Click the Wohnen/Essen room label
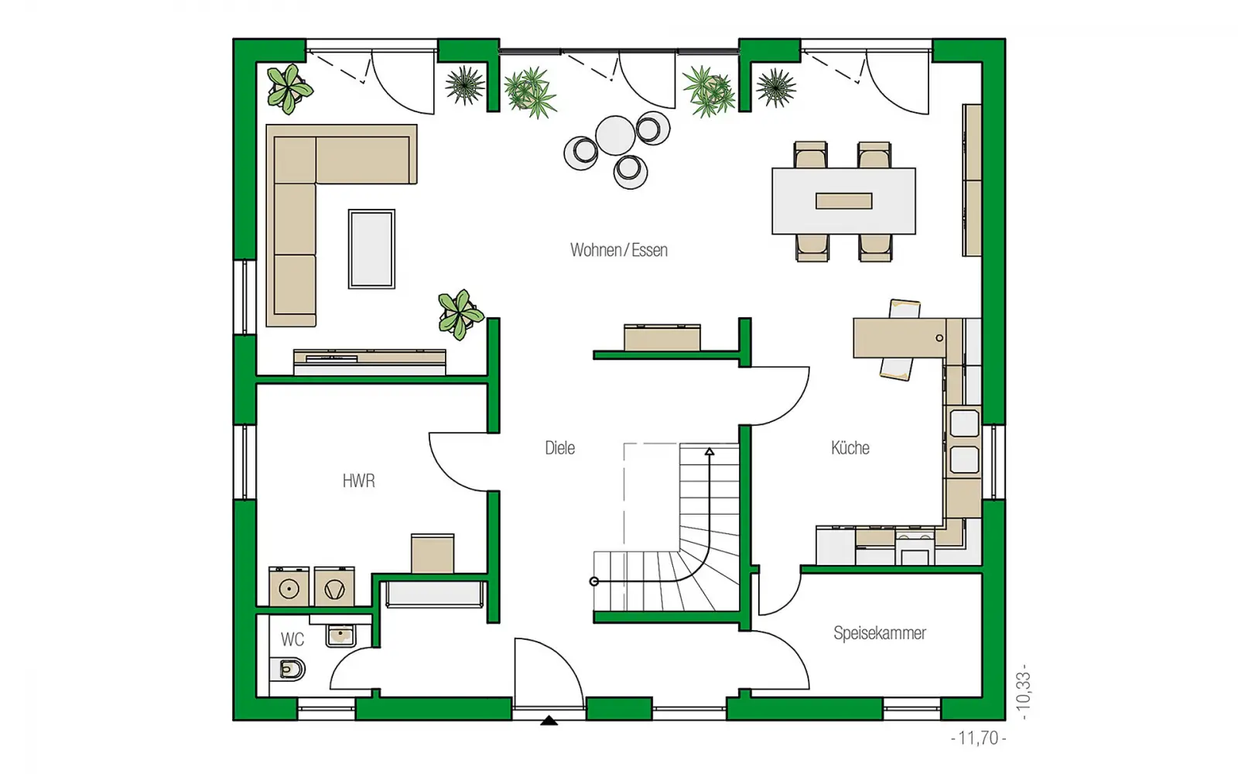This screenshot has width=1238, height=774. click(x=619, y=251)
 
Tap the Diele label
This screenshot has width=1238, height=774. click(x=560, y=448)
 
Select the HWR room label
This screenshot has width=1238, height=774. click(x=359, y=481)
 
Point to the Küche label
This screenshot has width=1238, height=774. click(x=850, y=447)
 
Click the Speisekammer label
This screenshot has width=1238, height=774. click(x=880, y=633)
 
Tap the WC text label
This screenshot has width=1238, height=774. click(x=292, y=639)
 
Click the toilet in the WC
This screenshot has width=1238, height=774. click(x=287, y=670)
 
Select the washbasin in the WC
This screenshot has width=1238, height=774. click(x=340, y=635)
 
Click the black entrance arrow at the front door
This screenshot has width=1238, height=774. click(x=549, y=721)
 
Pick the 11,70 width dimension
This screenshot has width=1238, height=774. click(x=978, y=738)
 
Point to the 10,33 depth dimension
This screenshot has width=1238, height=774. click(x=1023, y=692)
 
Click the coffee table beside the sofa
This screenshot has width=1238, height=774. click(x=371, y=248)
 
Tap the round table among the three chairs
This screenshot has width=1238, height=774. click(x=615, y=135)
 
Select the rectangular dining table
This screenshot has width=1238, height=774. click(x=843, y=201)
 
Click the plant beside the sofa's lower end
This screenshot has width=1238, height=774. click(x=460, y=314)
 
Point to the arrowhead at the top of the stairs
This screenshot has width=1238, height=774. click(x=709, y=452)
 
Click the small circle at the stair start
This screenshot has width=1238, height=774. click(x=594, y=581)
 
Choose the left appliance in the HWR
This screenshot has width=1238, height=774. click(x=289, y=587)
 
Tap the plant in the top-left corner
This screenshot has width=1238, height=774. click(x=289, y=88)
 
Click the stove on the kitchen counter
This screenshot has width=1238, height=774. click(x=915, y=547)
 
